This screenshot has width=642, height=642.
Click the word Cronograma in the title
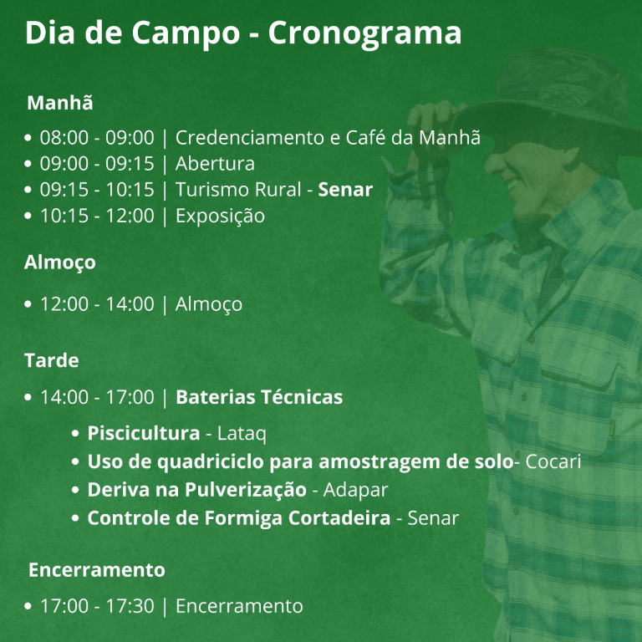coord(364,33)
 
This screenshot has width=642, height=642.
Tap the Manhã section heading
coord(60,102)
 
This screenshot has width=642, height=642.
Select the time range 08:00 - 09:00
coord(97,137)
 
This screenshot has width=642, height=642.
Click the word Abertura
coord(215,163)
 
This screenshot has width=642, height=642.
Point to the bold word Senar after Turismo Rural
coord(345,190)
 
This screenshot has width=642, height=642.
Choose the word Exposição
coord(221,217)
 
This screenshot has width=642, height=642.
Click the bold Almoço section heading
coord(60,262)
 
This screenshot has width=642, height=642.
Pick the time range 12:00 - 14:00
coord(97,303)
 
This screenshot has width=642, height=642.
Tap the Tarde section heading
coord(52,360)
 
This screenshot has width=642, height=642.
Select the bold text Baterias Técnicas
coord(259,397)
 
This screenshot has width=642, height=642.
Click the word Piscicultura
coord(144,433)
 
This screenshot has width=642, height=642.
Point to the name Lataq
coord(242,434)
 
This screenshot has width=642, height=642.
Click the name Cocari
coord(553,461)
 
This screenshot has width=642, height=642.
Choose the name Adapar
coord(355,490)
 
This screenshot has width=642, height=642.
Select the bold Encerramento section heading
coord(97,569)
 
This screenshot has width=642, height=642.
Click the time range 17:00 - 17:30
coord(97,606)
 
